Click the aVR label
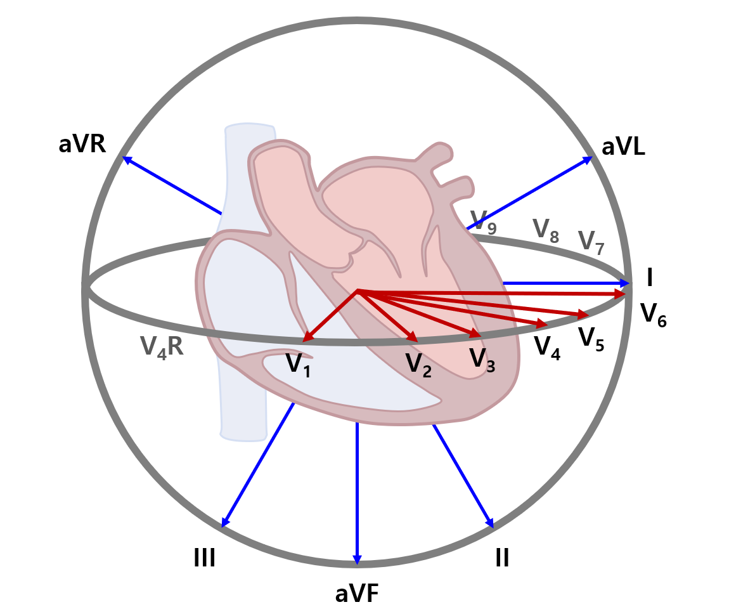(x=82, y=144)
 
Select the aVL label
(x=623, y=147)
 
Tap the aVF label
(x=357, y=594)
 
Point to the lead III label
(x=204, y=558)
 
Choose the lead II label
(x=502, y=558)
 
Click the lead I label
(x=650, y=278)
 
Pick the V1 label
(x=298, y=365)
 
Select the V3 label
(x=482, y=359)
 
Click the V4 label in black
(x=547, y=346)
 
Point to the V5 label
(x=591, y=337)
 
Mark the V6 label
(x=653, y=314)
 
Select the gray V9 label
(x=483, y=221)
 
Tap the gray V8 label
(x=545, y=230)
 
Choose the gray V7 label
(x=591, y=242)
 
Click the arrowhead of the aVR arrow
(x=126, y=159)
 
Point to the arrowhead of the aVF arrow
(x=357, y=559)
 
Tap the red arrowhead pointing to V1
(x=307, y=338)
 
